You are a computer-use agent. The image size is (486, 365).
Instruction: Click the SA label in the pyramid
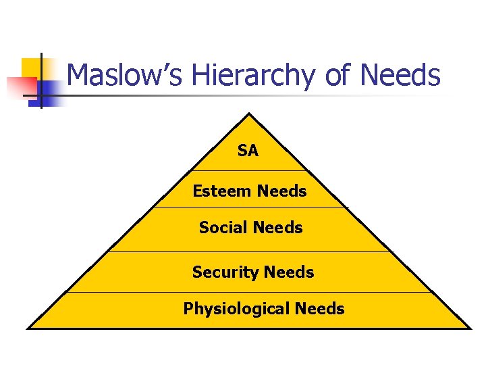point(248,151)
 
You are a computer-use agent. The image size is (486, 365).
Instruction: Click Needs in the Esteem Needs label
point(281,191)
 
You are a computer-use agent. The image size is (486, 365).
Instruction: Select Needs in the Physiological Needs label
point(319,309)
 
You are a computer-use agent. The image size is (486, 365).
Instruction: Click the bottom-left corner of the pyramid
point(28,328)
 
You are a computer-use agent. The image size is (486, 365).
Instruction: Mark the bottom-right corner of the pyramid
point(470,328)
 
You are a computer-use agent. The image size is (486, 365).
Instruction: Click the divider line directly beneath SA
point(248,170)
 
